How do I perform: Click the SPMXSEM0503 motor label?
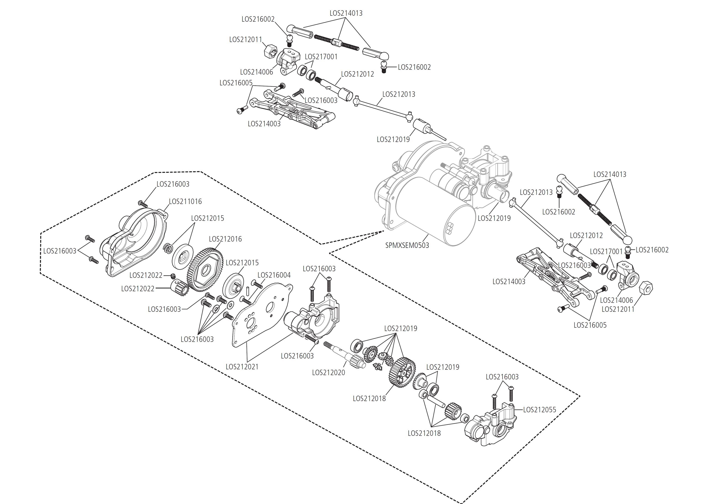coord(407,246)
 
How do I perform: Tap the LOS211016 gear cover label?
coord(185,201)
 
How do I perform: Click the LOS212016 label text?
coord(225,239)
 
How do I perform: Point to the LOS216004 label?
coord(274,275)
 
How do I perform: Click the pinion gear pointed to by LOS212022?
coord(179,287)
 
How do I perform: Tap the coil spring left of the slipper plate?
coord(168,248)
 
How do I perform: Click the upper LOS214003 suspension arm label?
coord(264,124)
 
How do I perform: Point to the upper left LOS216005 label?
coord(236,83)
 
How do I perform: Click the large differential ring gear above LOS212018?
coord(402,372)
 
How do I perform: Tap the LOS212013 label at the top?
coord(398,94)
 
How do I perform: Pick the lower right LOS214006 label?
coord(616,300)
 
